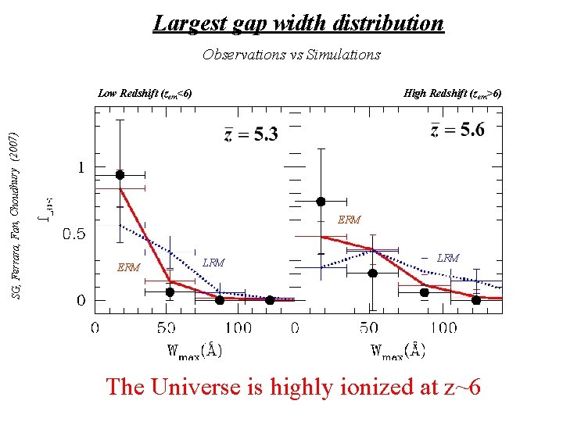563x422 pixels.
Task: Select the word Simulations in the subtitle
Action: coord(346,55)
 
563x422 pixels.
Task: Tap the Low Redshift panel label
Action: coord(145,94)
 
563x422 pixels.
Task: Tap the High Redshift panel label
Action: coord(452,94)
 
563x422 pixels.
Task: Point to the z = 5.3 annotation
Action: coord(250,134)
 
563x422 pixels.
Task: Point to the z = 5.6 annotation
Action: coord(457,130)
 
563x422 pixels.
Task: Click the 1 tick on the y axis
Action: coord(81,168)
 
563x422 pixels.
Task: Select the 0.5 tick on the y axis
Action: coord(74,234)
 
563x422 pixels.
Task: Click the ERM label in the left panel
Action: coord(128,268)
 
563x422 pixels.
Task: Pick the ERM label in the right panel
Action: coord(349,220)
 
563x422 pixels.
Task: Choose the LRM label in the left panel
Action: coord(213,263)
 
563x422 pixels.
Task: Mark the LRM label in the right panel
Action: coord(448,257)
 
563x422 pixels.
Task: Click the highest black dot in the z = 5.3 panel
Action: coord(120,175)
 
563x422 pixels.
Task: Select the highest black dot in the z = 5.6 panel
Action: coord(321,202)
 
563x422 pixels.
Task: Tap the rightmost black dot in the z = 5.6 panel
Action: coord(476,300)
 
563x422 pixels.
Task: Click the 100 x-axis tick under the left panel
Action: coord(238,327)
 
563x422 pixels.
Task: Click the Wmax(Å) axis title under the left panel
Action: coord(195,350)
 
